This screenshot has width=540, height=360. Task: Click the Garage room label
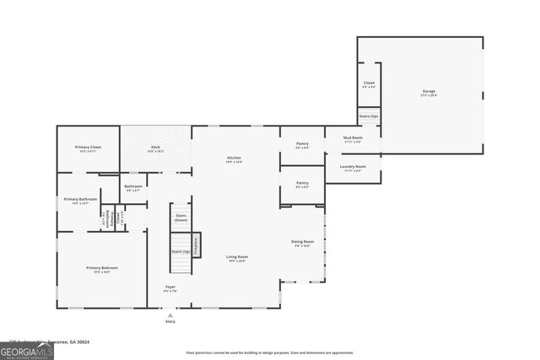click(x=429, y=91)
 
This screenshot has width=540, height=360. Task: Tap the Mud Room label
click(x=353, y=137)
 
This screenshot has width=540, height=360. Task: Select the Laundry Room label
click(x=353, y=167)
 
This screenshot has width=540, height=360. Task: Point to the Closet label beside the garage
click(x=369, y=83)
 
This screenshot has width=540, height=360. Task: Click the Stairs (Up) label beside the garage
click(x=369, y=116)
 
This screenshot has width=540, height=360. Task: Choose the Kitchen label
click(x=235, y=159)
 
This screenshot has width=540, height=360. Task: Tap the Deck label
click(x=155, y=148)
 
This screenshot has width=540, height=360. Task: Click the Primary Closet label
click(x=89, y=148)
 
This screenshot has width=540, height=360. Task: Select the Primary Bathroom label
click(x=77, y=200)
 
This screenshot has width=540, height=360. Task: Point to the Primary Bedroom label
click(x=101, y=268)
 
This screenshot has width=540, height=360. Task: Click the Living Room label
click(x=236, y=257)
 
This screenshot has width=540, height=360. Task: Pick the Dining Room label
click(x=302, y=243)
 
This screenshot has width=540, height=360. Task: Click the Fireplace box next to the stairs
click(x=197, y=245)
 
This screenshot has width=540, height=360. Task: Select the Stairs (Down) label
click(x=181, y=217)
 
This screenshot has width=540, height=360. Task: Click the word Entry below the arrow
click(x=170, y=321)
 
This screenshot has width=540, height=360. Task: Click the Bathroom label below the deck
click(x=133, y=187)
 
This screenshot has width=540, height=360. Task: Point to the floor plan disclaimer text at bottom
click(x=270, y=352)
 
